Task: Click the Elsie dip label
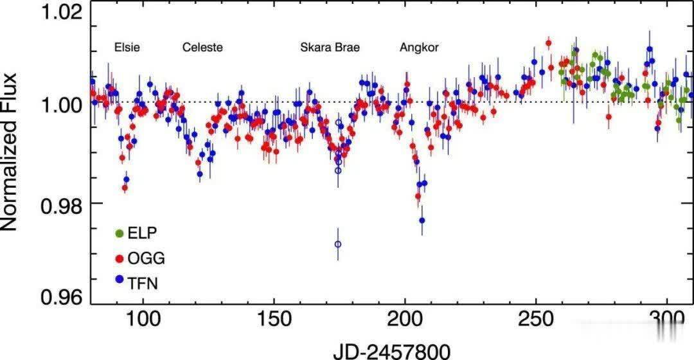[x=127, y=48]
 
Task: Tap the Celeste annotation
[x=202, y=48]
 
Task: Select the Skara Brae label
[x=330, y=48]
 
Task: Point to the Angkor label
[x=419, y=48]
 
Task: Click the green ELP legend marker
[x=119, y=233]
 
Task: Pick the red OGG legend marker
[x=119, y=259]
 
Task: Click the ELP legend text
[x=143, y=233]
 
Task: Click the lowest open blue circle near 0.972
[x=338, y=244]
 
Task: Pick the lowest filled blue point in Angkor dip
[x=422, y=221]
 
